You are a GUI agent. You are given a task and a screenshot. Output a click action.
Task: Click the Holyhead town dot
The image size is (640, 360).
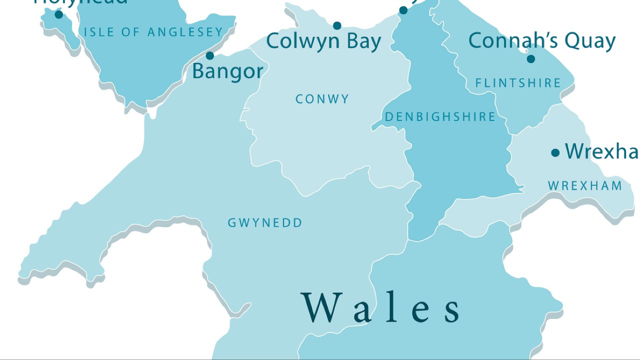59,14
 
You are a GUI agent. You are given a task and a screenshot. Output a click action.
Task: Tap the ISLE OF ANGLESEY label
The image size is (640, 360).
153,32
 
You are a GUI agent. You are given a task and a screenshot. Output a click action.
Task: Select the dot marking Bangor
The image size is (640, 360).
210,55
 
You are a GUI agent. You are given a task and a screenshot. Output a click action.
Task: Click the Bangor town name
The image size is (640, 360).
227,71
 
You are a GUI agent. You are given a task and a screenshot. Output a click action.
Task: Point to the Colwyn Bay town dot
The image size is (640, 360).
337,25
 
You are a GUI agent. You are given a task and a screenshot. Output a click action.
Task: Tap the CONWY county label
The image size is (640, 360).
322,99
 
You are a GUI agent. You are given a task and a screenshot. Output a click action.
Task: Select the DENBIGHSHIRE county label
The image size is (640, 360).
440,117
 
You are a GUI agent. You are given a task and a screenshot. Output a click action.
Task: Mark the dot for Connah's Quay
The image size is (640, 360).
531,59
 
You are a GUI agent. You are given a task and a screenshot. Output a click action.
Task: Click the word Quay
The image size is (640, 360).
592,41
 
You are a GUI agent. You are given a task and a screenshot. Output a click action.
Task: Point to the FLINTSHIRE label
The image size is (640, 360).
518,83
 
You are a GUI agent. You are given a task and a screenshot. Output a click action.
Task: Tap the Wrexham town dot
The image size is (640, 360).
555,153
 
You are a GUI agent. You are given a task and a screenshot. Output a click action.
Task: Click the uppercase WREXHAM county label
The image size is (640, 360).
585,186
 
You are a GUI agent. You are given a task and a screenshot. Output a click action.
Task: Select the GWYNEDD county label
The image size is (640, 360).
265,223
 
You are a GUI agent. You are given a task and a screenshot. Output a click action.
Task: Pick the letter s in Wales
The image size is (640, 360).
452,310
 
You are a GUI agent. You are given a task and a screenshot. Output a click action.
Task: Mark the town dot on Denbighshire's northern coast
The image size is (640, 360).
403,10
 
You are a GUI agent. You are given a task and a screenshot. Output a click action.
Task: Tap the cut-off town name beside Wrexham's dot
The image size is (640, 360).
601,151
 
